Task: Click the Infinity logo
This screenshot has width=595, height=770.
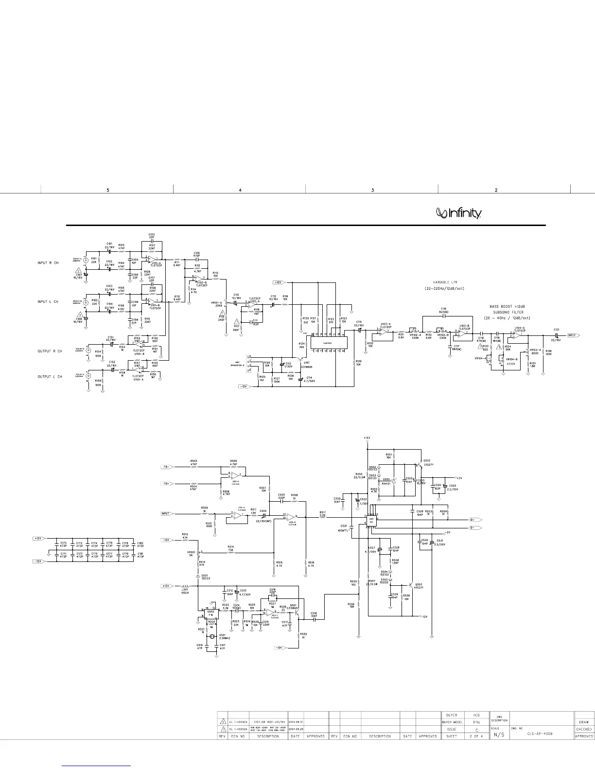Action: (459, 213)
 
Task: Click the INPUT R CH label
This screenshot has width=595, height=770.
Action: (48, 263)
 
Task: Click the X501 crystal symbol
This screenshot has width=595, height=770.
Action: (212, 636)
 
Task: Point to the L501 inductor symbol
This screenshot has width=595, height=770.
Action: (185, 586)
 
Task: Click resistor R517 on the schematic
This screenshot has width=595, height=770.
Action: (322, 517)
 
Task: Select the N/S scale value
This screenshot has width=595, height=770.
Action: (499, 735)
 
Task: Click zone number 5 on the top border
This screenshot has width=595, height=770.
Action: (107, 190)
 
